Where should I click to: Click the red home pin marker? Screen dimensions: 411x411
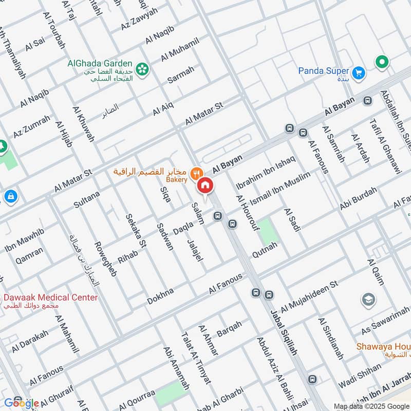tap(205, 186)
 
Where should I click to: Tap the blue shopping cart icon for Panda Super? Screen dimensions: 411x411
tap(359, 72)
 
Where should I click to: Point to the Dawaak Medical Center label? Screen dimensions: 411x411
tap(50, 297)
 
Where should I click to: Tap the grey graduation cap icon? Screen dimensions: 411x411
tap(368, 300)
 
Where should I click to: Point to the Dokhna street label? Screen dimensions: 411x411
tap(161, 296)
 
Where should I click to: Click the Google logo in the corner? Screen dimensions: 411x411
tap(22, 403)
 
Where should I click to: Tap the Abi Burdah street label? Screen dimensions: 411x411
tap(358, 199)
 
